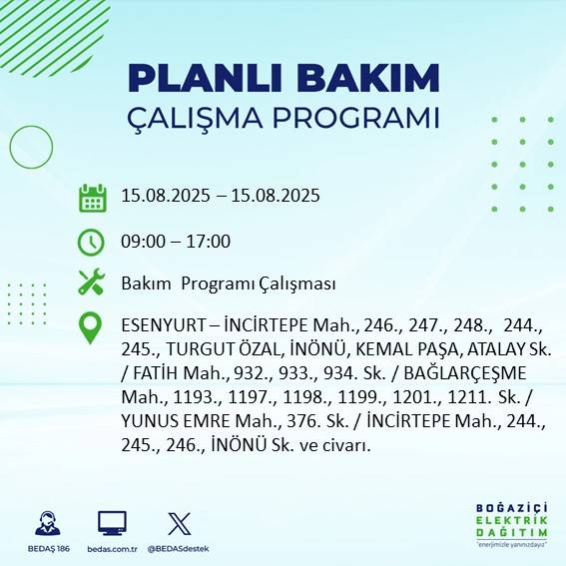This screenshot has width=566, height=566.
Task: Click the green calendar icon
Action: pyautogui.click(x=92, y=197)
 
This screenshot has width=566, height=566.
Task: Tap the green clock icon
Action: pyautogui.click(x=92, y=242)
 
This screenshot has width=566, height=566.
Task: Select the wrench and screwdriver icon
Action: pyautogui.click(x=92, y=283)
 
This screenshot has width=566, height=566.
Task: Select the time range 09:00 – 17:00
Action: pyautogui.click(x=176, y=242)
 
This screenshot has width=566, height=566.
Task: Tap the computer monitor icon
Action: pyautogui.click(x=112, y=523)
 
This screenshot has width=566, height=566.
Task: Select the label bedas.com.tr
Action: pyautogui.click(x=112, y=549)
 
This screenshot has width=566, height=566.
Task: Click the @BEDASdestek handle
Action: pyautogui.click(x=179, y=549)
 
